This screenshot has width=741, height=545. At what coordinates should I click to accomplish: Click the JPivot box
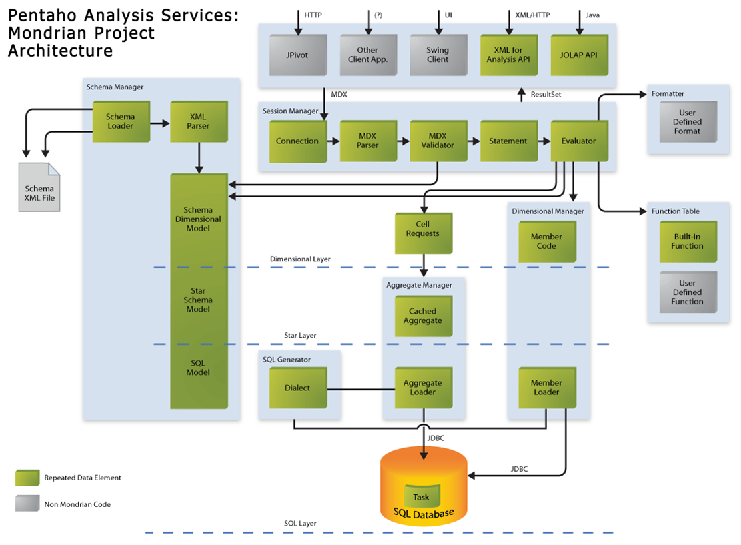[298, 55]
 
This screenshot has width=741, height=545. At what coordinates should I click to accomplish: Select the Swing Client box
[438, 55]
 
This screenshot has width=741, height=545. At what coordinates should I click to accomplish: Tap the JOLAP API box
[579, 55]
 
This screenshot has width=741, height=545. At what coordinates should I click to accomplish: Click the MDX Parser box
[368, 141]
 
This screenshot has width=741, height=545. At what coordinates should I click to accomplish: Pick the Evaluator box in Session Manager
[579, 141]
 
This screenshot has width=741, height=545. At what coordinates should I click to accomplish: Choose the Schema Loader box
[121, 121]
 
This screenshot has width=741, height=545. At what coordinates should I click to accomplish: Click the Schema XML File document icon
[39, 187]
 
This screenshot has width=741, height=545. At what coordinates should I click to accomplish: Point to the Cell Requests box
[423, 233]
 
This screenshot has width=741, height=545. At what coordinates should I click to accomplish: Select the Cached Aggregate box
[423, 316]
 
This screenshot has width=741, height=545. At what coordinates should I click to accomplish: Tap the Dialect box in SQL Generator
[298, 388]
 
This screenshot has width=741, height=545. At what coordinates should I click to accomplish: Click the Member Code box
[547, 241]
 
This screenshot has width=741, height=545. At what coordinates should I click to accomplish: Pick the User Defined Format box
[688, 121]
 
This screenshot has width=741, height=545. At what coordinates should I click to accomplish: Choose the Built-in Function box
[688, 241]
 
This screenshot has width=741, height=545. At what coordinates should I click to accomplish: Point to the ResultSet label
[546, 95]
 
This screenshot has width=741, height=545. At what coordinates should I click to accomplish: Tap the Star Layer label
[300, 336]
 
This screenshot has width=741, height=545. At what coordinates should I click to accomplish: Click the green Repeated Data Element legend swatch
[27, 478]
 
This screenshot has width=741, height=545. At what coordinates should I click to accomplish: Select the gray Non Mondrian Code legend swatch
[27, 504]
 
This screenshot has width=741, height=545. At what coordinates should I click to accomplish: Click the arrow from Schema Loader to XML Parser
[160, 124]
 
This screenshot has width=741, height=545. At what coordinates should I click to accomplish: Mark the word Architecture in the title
[61, 51]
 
